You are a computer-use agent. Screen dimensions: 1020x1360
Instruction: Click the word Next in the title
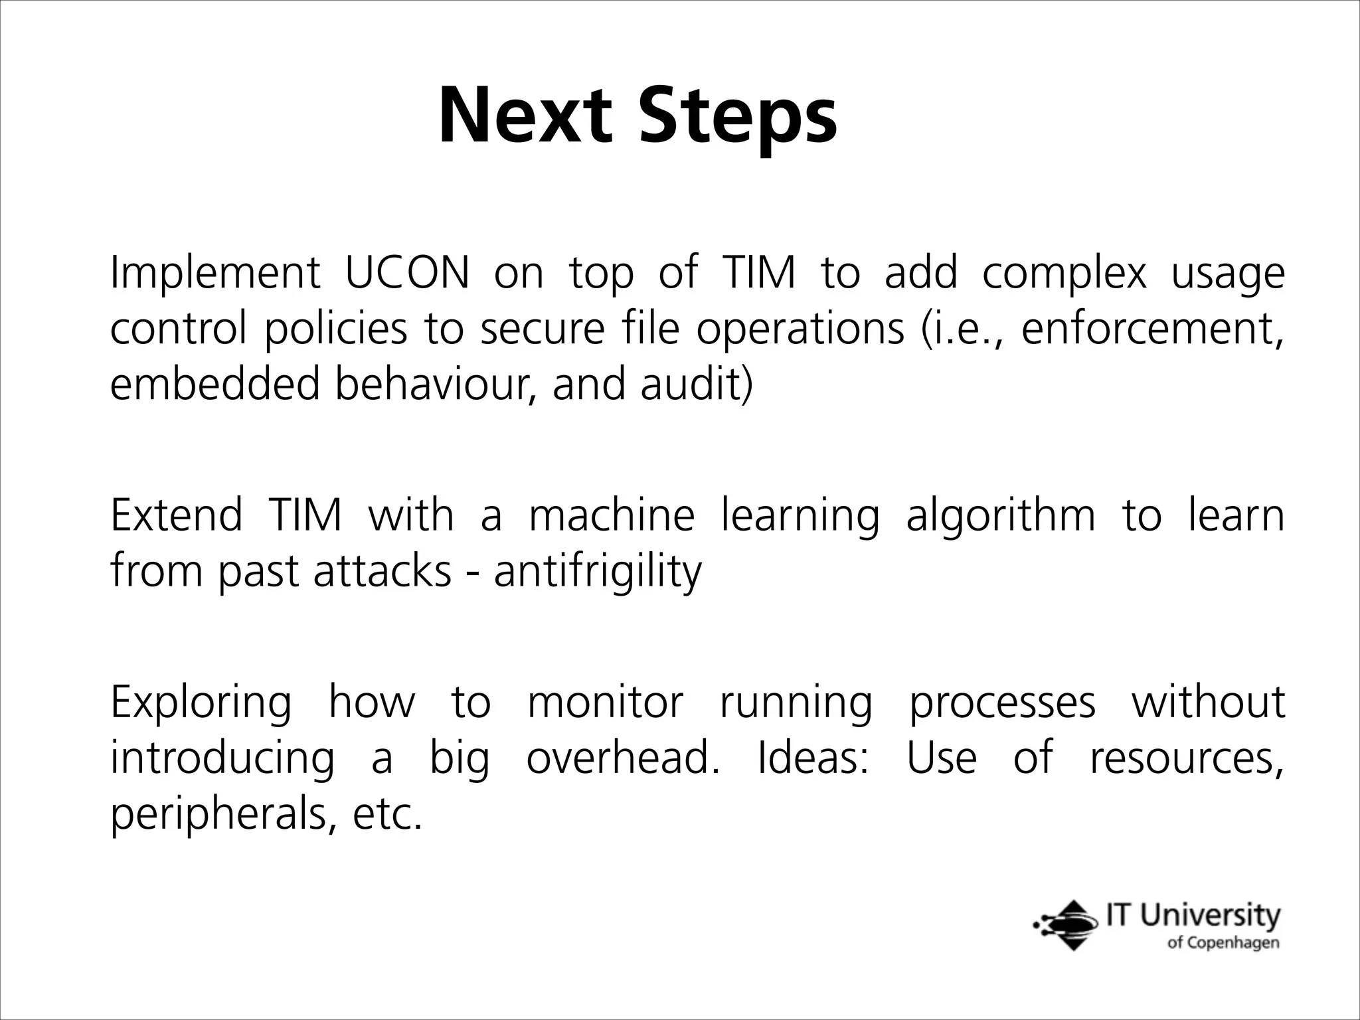point(524,117)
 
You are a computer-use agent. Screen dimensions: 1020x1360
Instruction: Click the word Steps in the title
point(737,117)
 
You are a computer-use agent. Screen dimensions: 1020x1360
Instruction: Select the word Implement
point(214,274)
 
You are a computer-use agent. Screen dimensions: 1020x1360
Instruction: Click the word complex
point(1064,274)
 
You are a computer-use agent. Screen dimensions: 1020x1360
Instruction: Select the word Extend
point(177,515)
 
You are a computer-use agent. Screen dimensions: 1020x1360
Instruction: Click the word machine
point(611,515)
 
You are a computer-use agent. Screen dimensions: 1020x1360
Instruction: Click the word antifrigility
point(597,571)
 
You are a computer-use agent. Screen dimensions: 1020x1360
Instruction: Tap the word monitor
point(604,703)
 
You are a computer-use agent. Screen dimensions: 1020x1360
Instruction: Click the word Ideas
point(812,758)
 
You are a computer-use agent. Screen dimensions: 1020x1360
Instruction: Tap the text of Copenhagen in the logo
point(1223,944)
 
